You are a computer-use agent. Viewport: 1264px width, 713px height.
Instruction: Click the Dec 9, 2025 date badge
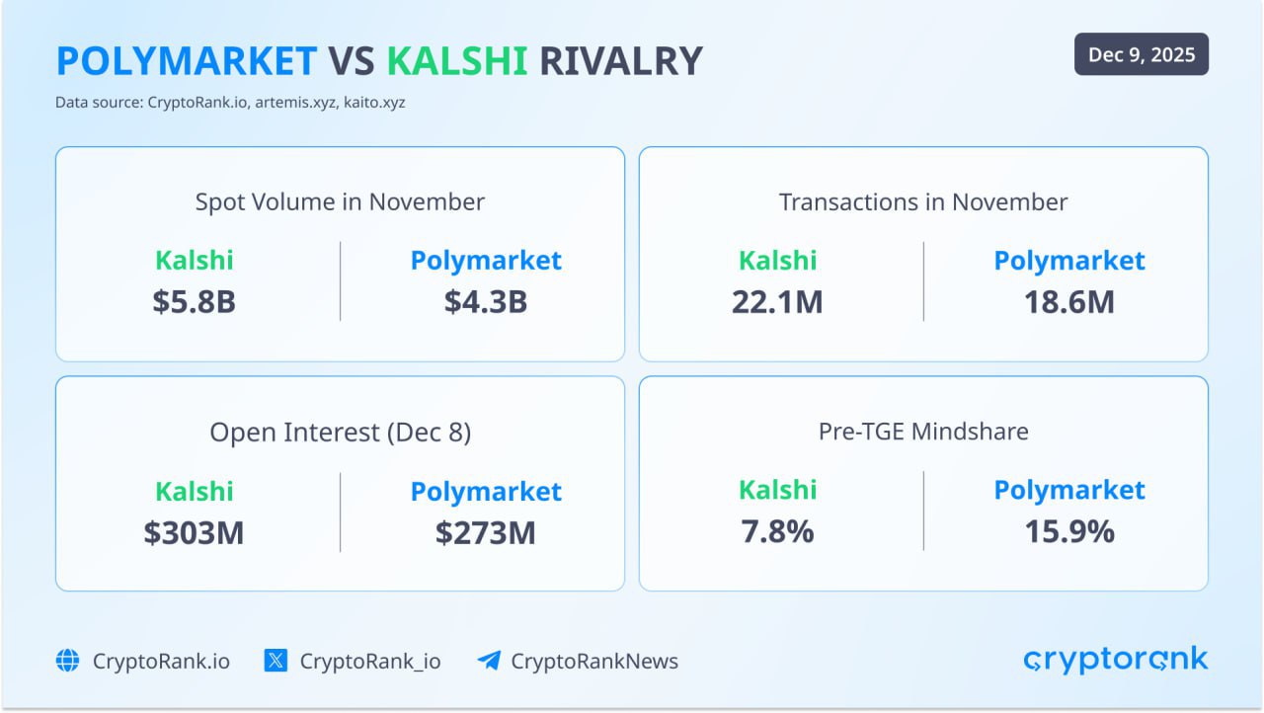1141,55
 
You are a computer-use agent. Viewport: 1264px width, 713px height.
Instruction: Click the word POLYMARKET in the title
187,61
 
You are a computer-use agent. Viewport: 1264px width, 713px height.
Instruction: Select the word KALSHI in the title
457,61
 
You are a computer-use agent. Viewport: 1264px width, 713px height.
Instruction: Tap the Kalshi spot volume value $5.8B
195,301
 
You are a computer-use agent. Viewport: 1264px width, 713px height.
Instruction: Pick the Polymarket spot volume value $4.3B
486,301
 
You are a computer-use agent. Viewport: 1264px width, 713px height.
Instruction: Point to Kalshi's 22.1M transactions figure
777,301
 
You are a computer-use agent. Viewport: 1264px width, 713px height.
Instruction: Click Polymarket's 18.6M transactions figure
1069,301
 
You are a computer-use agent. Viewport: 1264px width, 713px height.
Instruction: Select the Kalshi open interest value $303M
195,532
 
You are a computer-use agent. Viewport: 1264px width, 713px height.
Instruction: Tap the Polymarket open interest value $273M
486,532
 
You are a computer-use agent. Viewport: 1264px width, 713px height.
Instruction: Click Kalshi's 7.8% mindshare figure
777,531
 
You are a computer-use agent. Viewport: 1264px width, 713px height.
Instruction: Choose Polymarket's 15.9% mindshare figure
1069,531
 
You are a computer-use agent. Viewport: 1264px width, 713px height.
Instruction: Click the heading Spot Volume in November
340,202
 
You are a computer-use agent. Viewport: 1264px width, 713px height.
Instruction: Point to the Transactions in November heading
923,202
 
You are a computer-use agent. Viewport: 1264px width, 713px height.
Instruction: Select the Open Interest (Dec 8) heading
340,433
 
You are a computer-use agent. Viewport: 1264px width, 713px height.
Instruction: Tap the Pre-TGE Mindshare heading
923,432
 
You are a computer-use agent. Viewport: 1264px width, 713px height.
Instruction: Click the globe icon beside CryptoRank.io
67,661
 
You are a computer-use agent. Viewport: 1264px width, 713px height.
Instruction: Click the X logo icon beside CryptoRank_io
276,661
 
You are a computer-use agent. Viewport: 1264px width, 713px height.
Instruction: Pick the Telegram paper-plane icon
488,661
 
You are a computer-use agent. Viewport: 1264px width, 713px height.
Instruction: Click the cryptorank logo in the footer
1115,660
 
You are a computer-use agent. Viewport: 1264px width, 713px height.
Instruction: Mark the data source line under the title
230,102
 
